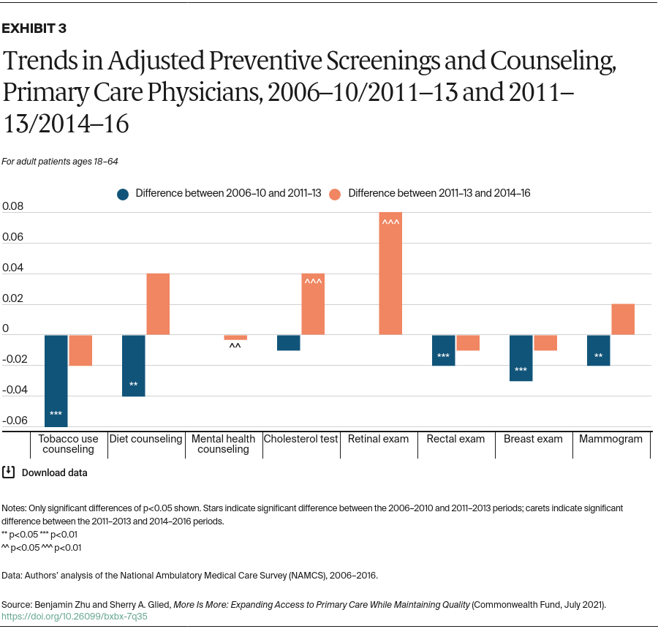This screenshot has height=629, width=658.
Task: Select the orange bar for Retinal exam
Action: [390, 278]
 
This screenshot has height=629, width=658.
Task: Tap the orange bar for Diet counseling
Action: [158, 304]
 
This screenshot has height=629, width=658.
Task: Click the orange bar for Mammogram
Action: [622, 320]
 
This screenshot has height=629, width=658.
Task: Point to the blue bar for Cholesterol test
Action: [289, 342]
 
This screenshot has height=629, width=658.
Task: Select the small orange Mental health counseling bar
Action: [235, 337]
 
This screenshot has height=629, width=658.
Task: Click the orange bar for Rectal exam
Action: [468, 342]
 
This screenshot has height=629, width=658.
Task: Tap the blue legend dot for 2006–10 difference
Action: [123, 194]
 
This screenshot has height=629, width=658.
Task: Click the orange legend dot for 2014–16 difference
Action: [336, 194]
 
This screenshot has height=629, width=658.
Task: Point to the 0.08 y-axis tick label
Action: [13, 207]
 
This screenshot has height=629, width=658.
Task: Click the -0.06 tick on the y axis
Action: [14, 421]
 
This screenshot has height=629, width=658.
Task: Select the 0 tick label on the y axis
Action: [6, 329]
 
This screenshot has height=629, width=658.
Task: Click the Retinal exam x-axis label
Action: [378, 439]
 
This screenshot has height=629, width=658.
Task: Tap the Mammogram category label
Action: [610, 439]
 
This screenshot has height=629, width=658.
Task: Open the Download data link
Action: [54, 472]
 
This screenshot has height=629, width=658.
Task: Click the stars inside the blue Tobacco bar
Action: [56, 415]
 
